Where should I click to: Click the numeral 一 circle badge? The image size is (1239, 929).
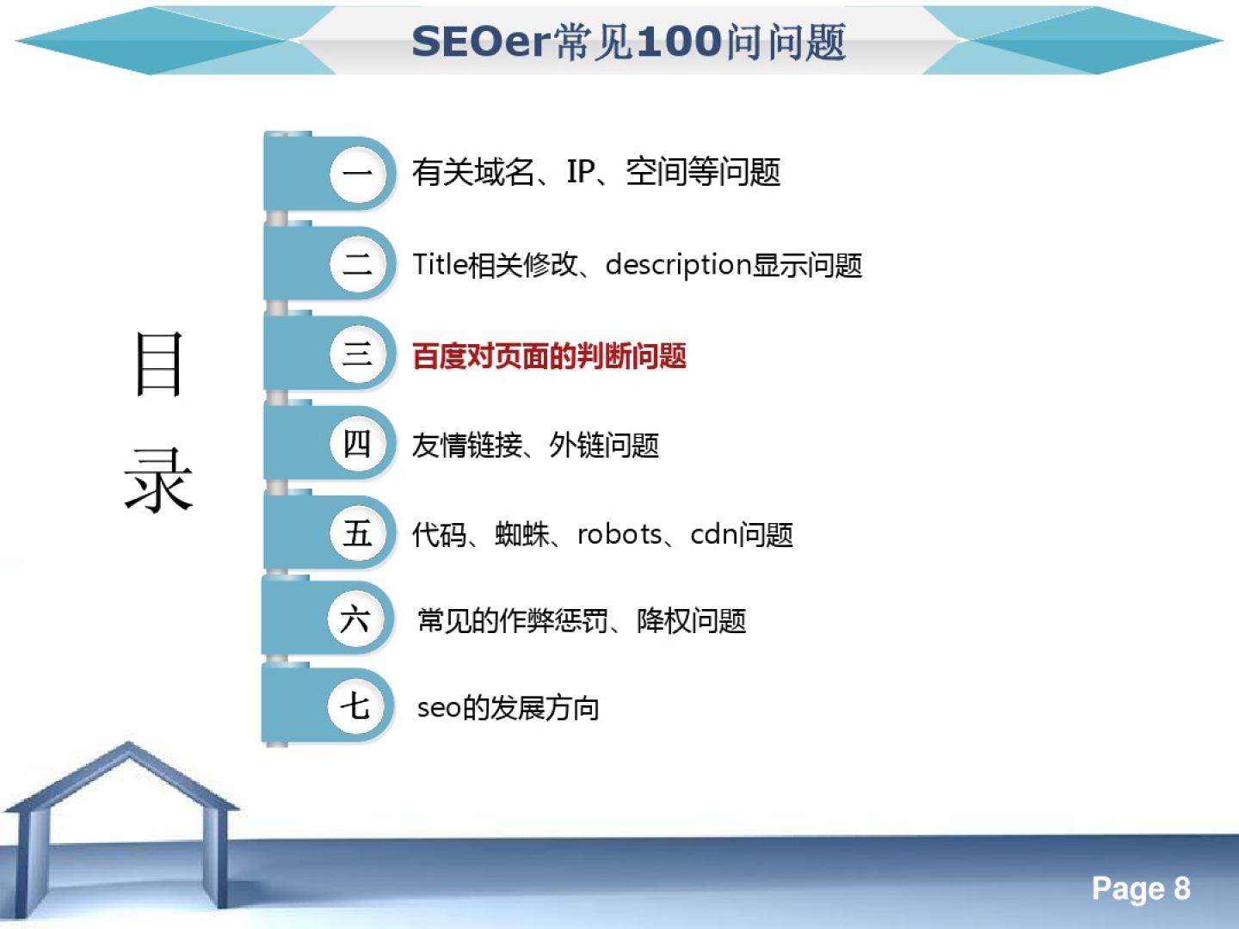click(x=359, y=173)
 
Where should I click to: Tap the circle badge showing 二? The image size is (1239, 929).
click(x=359, y=264)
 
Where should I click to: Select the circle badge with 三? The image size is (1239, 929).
click(x=359, y=354)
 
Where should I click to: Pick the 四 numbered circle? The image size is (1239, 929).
click(x=359, y=444)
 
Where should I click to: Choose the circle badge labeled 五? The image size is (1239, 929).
click(x=359, y=533)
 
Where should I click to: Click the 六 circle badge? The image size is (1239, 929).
click(x=356, y=619)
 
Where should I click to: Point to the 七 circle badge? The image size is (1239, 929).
click(x=356, y=706)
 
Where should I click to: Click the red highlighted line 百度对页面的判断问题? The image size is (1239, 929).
click(x=549, y=356)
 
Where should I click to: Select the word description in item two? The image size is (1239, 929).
click(x=678, y=265)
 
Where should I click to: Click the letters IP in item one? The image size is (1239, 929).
click(x=580, y=171)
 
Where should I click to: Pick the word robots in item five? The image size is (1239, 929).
click(x=619, y=534)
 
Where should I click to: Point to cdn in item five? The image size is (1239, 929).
click(x=714, y=534)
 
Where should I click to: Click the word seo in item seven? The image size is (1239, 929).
click(x=439, y=709)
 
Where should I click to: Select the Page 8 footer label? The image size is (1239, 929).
click(x=1141, y=889)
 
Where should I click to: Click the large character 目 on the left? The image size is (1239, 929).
click(x=159, y=364)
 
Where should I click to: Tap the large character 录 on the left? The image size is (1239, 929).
click(x=159, y=481)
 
